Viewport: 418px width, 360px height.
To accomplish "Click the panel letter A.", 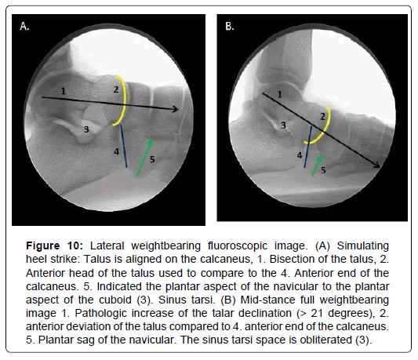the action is (24, 26).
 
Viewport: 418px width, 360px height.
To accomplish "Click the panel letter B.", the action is (230, 26).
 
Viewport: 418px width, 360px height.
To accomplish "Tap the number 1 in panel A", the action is (64, 91).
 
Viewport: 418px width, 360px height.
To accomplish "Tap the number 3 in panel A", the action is (86, 129).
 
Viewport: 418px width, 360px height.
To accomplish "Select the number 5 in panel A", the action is (152, 159).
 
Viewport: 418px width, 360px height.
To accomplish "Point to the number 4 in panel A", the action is (117, 151).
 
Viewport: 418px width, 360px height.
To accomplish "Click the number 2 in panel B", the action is (322, 117).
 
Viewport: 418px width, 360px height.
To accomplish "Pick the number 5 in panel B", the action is (323, 170).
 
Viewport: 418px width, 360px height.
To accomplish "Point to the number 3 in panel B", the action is (283, 125).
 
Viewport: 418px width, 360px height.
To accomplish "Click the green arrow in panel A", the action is (145, 158).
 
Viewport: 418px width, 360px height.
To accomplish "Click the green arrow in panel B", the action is (318, 165).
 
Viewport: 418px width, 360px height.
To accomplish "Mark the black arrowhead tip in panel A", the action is (178, 109).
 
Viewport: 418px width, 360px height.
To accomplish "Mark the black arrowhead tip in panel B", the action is (380, 168).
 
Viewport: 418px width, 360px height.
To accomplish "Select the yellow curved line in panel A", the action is (125, 101).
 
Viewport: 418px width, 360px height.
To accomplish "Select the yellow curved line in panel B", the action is (325, 131).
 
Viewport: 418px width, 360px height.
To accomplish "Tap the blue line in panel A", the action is (124, 146).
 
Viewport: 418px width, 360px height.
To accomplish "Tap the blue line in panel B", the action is (307, 147).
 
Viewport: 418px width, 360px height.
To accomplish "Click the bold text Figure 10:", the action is (55, 245).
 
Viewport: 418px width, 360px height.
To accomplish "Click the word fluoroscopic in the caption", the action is (238, 245).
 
